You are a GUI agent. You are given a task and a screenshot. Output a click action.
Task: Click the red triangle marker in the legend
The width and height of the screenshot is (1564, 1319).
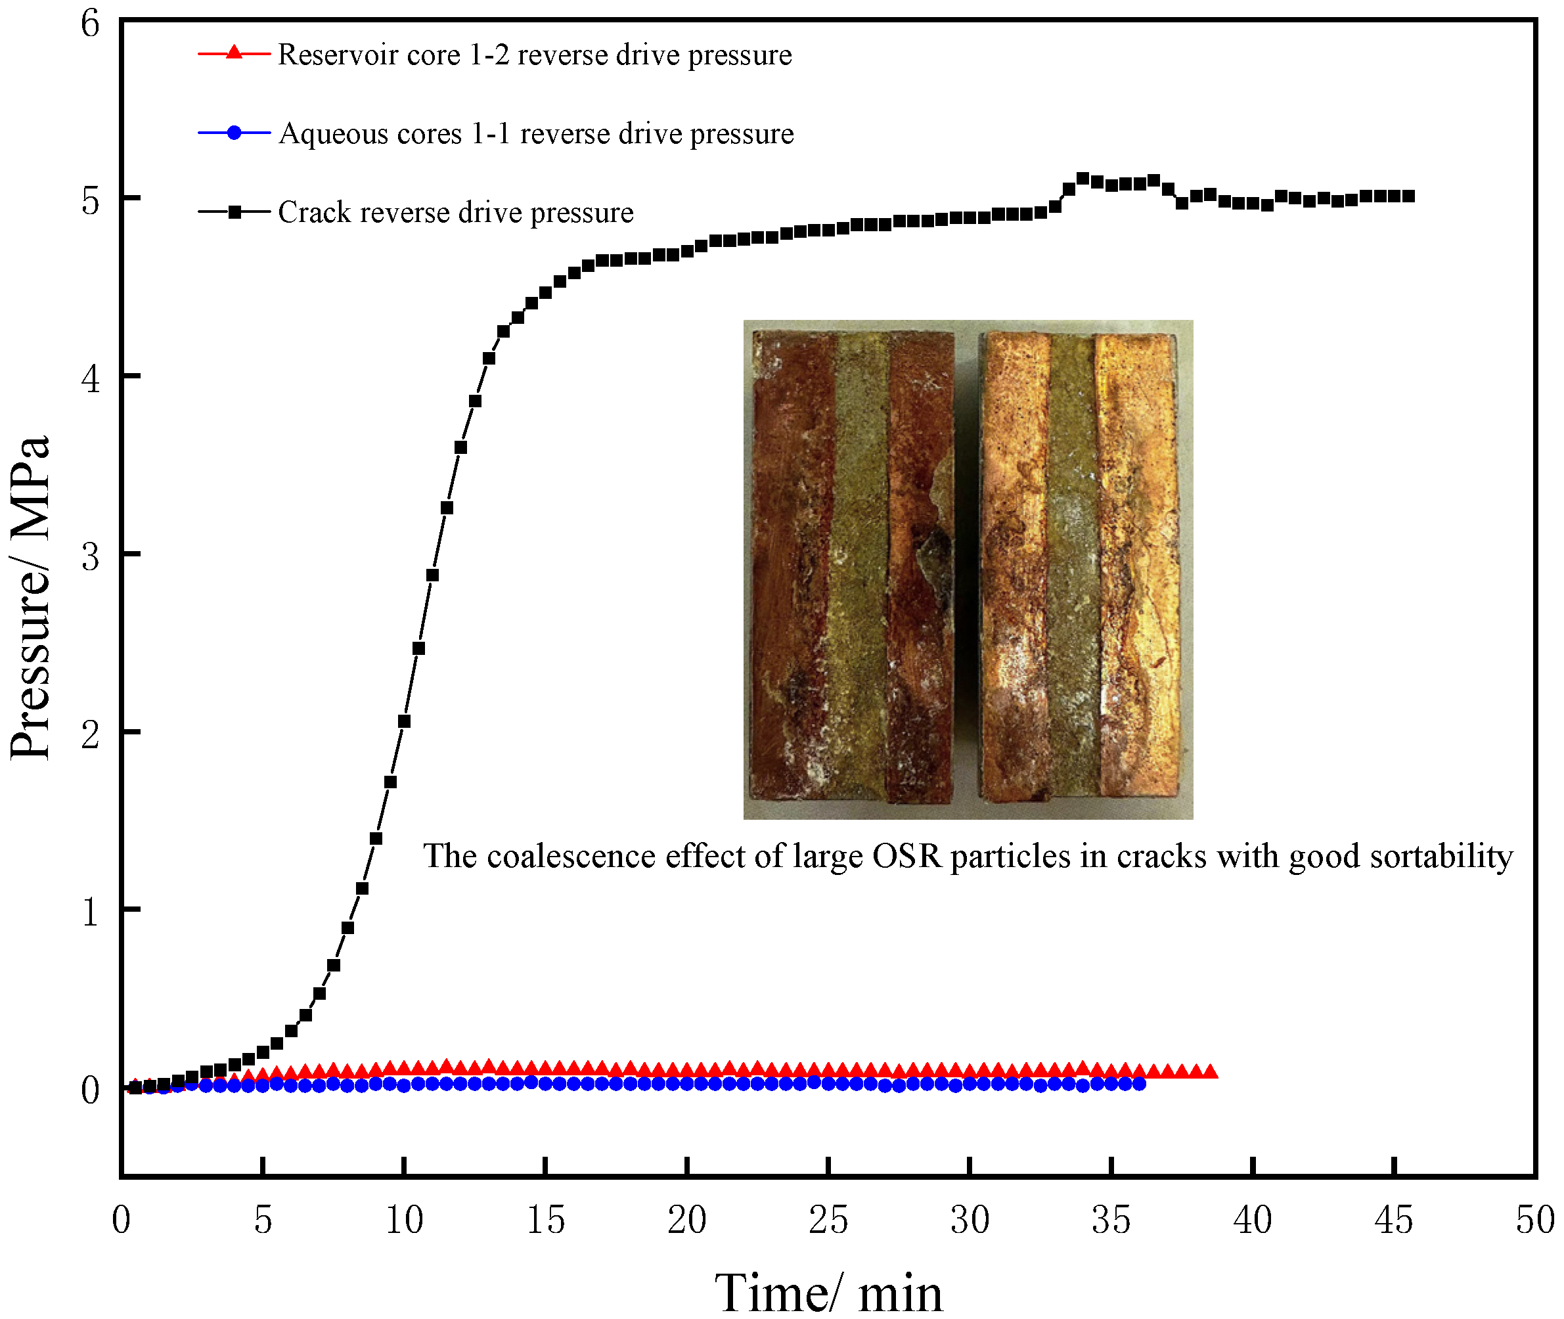pos(234,53)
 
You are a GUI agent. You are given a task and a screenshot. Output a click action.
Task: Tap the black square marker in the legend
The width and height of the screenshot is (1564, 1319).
pos(234,212)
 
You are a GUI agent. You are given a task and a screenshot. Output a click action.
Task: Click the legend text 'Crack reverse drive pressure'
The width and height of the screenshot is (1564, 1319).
pos(455,213)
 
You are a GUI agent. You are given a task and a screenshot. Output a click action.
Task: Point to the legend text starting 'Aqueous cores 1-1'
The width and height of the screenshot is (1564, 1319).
pos(535,134)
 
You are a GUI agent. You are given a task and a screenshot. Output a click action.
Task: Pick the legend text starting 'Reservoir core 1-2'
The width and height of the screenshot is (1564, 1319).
pos(535,55)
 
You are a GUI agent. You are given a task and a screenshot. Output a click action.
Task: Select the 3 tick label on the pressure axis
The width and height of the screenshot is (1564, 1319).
pos(90,556)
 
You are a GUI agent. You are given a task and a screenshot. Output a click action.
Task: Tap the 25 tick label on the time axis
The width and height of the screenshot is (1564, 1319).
pos(828,1220)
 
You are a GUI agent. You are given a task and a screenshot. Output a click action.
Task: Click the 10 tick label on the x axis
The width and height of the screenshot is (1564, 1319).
pos(404,1220)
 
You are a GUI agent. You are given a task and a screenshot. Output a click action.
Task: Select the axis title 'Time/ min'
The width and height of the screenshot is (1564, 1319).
pos(828,1292)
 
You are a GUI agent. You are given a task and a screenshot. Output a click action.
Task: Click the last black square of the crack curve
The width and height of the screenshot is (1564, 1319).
pos(1408,196)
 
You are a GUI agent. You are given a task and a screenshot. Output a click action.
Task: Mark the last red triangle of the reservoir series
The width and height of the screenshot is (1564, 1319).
pos(1211,1071)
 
